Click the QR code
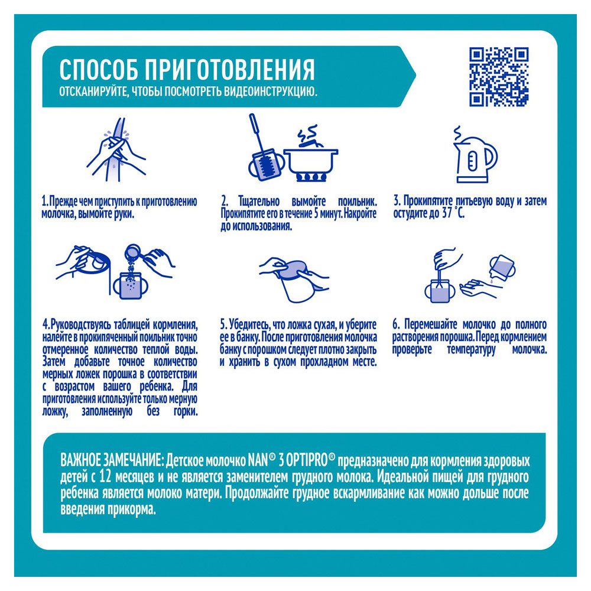click(x=499, y=76)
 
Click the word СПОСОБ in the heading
click(x=98, y=69)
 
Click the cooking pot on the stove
click(x=311, y=159)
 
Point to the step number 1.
click(x=44, y=202)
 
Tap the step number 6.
click(x=395, y=324)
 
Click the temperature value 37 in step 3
click(x=447, y=214)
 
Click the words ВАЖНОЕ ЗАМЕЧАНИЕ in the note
click(x=111, y=460)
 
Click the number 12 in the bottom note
click(x=106, y=477)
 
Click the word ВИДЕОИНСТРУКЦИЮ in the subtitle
click(x=271, y=92)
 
